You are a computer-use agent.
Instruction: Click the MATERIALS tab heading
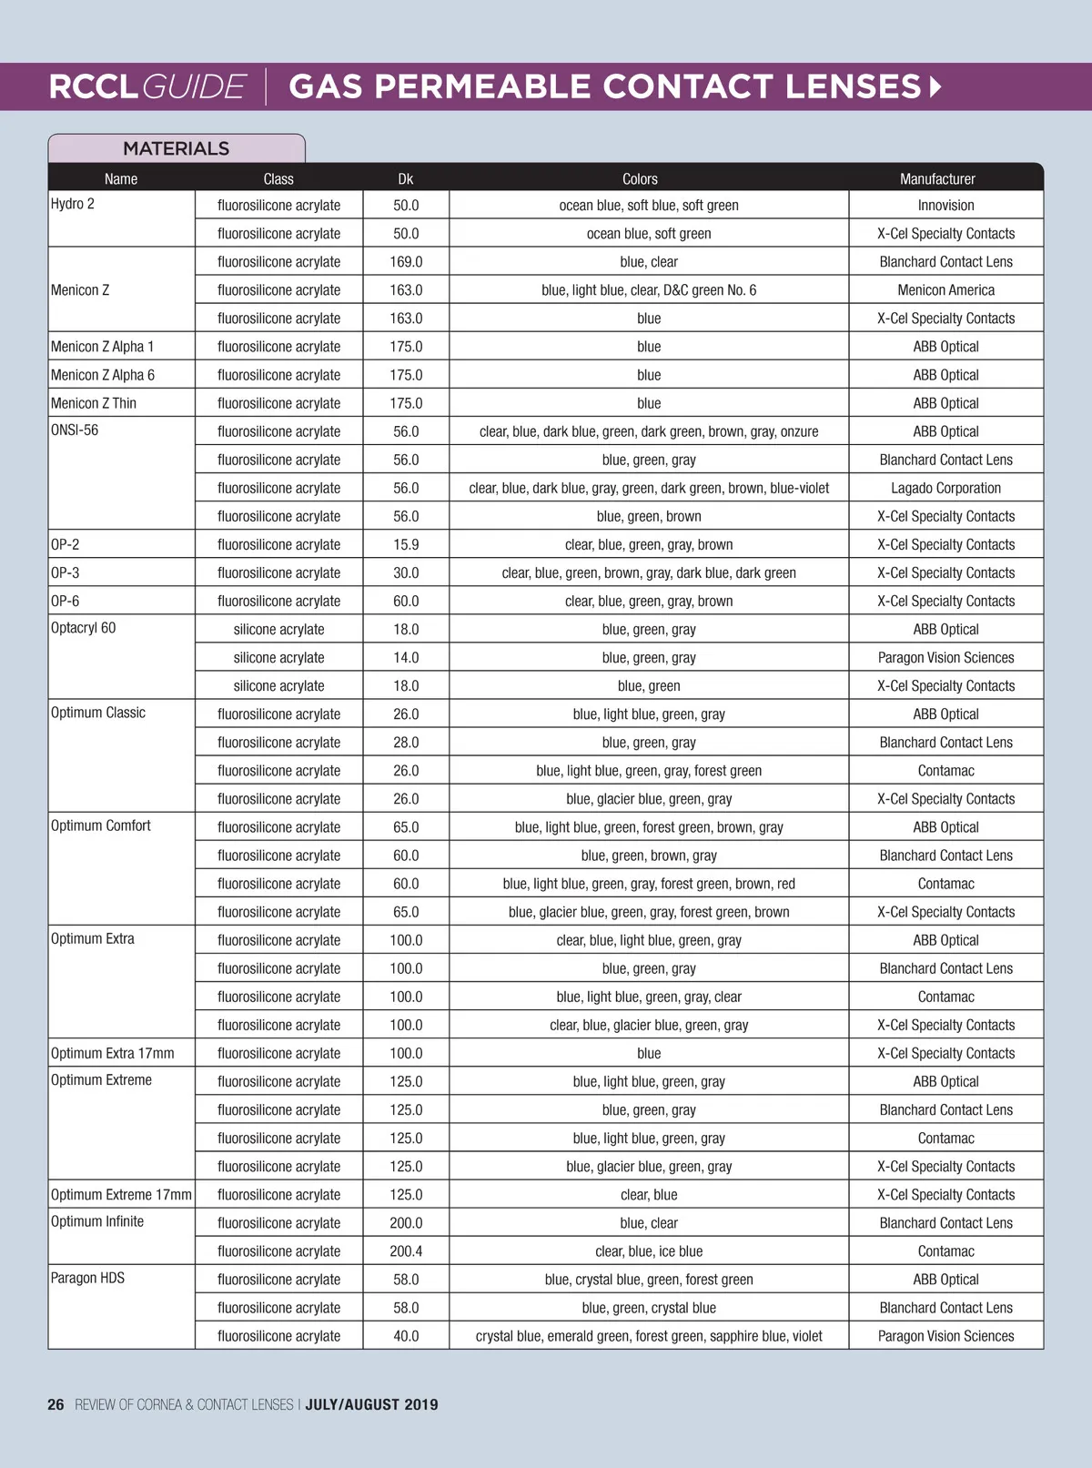point(176,148)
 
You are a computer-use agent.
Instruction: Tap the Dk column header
point(406,178)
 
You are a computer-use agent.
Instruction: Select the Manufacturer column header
point(937,178)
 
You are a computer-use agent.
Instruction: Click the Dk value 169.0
point(406,262)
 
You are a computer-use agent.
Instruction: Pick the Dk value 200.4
point(406,1251)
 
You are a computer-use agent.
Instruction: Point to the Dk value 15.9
point(406,544)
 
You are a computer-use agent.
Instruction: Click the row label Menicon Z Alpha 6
point(103,375)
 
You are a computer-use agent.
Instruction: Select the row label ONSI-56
point(75,430)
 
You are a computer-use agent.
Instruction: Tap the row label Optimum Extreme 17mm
point(121,1194)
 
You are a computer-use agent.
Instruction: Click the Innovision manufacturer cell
point(945,206)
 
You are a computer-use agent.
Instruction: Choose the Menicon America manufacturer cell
point(945,290)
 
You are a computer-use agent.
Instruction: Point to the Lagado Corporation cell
point(945,488)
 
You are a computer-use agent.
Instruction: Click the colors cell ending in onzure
point(649,431)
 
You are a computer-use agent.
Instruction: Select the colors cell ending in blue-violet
point(649,488)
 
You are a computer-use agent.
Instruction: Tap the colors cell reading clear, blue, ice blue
point(649,1251)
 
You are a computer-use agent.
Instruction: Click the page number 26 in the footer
point(56,1404)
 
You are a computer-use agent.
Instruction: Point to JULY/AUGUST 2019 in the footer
point(371,1404)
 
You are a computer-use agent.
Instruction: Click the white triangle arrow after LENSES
point(935,87)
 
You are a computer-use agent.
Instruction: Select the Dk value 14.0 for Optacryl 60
point(406,658)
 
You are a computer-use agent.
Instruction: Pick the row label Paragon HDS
point(87,1278)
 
